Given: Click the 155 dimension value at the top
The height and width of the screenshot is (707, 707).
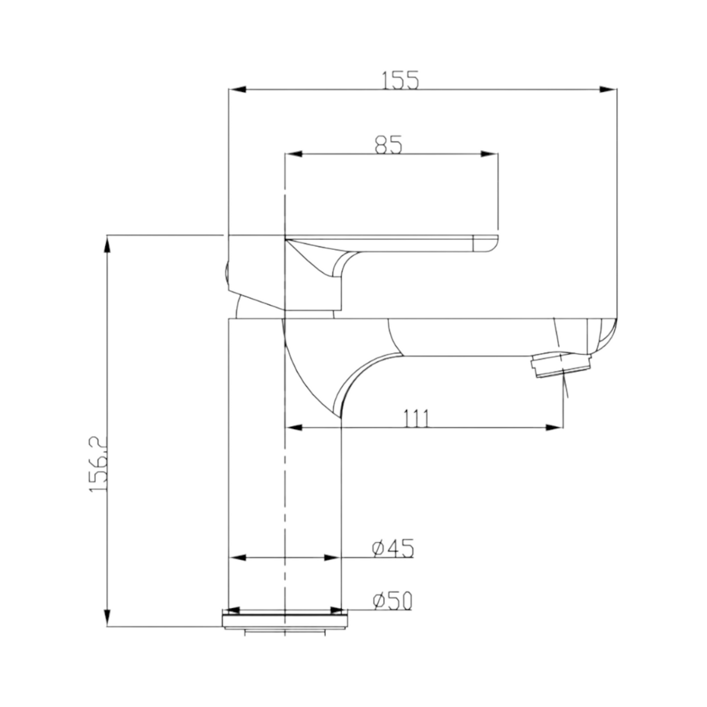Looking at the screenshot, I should point(400,80).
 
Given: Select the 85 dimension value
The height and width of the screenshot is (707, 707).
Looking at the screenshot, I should point(389,145).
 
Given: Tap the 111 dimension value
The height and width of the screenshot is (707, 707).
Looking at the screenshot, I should point(416,419).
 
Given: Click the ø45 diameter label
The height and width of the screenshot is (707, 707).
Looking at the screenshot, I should point(392,548).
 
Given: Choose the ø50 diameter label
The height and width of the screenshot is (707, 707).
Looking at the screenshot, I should point(392,601).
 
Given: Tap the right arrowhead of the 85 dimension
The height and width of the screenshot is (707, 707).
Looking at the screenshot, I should point(490,154).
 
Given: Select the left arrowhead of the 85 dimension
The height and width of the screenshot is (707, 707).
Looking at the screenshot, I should point(294,154).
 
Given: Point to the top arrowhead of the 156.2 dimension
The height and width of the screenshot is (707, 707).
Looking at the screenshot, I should point(108,244).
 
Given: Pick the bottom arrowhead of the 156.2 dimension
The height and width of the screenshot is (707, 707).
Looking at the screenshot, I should point(108,617).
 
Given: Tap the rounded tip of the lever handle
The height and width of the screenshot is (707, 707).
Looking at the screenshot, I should point(487,244).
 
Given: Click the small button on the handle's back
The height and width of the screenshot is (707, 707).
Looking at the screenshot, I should point(226,274).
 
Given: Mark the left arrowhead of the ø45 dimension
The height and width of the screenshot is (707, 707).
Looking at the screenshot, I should point(238,558).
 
